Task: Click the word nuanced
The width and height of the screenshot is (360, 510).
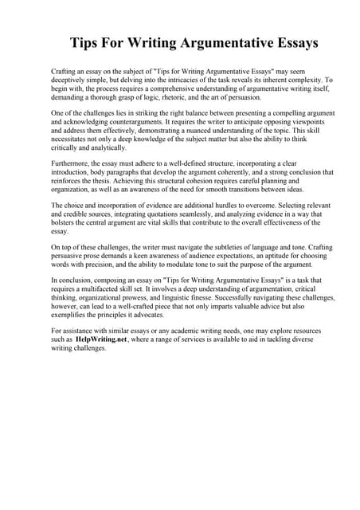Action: point(198,132)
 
